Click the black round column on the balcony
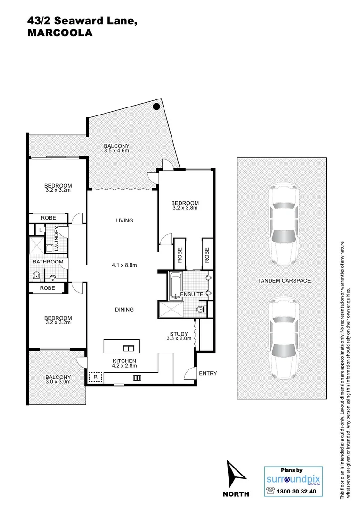pyautogui.click(x=155, y=107)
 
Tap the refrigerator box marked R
pyautogui.click(x=95, y=377)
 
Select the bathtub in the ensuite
pyautogui.click(x=176, y=286)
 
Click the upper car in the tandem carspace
pyautogui.click(x=284, y=225)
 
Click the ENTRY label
pyautogui.click(x=208, y=374)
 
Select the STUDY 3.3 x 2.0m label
pyautogui.click(x=179, y=337)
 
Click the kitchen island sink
pyautogui.click(x=129, y=348)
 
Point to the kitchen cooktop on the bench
pyautogui.click(x=137, y=378)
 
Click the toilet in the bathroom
pyautogui.click(x=36, y=276)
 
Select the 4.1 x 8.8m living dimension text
pyautogui.click(x=124, y=265)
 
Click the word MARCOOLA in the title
pyautogui.click(x=59, y=33)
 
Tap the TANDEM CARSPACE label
pyautogui.click(x=284, y=281)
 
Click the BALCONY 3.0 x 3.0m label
pyautogui.click(x=58, y=379)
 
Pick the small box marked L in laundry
pyautogui.click(x=41, y=230)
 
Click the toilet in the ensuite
pyautogui.click(x=201, y=310)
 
